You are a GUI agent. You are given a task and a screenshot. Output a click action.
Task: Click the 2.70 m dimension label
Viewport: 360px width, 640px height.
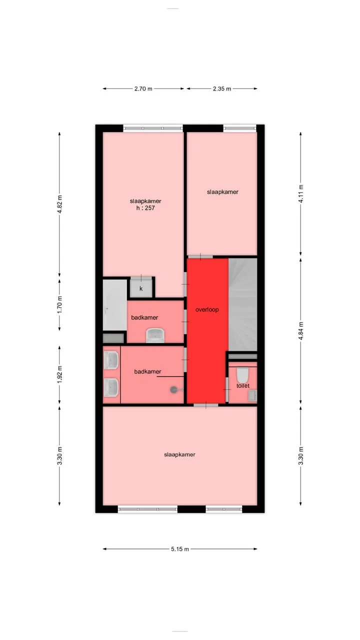click(x=143, y=88)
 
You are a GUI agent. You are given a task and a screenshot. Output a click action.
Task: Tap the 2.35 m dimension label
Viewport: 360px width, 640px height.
click(x=221, y=88)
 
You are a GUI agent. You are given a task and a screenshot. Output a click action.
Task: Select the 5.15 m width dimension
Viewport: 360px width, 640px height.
click(x=180, y=549)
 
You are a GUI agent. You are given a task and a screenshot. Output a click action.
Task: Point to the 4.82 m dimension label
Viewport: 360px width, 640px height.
click(x=59, y=204)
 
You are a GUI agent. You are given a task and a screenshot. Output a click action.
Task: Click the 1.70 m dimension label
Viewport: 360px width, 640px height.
click(x=59, y=304)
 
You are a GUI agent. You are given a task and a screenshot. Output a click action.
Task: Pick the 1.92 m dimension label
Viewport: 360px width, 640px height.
click(x=59, y=374)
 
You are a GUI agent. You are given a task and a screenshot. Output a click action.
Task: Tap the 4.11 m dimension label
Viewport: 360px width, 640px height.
click(x=300, y=193)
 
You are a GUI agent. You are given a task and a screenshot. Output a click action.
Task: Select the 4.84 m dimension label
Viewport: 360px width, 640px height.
click(x=300, y=331)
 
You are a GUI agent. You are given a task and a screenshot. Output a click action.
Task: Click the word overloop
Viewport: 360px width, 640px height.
click(x=207, y=309)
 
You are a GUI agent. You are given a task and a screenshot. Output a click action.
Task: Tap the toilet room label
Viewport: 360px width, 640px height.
click(x=243, y=385)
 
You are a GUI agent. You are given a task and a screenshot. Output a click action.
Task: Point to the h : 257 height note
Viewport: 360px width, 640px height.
click(x=145, y=208)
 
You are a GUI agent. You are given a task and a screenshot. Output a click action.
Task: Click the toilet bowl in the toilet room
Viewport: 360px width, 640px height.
click(x=243, y=375)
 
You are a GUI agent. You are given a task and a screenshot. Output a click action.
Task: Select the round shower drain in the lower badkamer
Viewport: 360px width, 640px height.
click(x=173, y=389)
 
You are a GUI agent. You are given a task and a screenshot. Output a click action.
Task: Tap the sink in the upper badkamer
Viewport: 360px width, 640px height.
click(x=155, y=335)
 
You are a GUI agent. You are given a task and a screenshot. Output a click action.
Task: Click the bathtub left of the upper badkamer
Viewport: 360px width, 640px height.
click(x=115, y=304)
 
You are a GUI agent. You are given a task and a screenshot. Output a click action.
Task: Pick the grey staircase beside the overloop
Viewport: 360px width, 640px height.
click(x=243, y=304)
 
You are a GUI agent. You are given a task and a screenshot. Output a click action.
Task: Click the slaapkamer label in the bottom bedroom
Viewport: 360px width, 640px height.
click(x=179, y=454)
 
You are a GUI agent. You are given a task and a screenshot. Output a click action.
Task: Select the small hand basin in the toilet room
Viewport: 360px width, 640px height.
click(x=253, y=395)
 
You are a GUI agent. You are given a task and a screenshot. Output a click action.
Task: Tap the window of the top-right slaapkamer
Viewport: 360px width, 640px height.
click(x=240, y=128)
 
